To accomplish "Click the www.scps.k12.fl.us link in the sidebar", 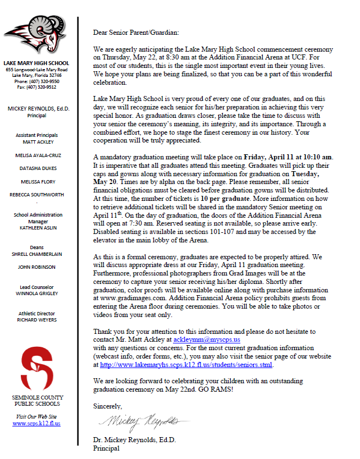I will click(37, 424).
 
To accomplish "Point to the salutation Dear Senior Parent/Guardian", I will click(135, 33).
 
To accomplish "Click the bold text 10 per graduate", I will click(234, 198).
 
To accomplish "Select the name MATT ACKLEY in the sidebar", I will click(37, 143).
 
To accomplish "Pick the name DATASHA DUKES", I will click(37, 168).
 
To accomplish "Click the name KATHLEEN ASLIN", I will click(37, 227).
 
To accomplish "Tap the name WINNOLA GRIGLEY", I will click(37, 293).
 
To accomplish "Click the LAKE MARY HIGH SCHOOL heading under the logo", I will click(37, 63).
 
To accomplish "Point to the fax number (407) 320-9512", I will click(37, 87).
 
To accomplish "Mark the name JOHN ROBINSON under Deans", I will click(37, 267).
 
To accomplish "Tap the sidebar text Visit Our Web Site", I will click(37, 416).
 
